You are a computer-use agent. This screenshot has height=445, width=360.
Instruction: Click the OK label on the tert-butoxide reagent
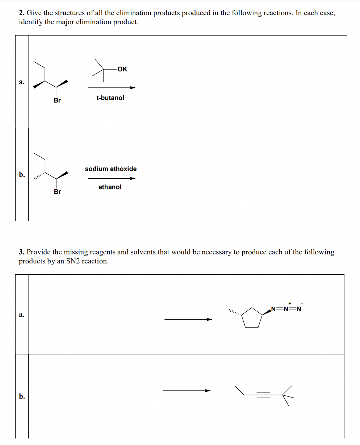(x=122, y=69)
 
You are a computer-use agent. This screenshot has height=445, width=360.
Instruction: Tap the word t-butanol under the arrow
(x=110, y=98)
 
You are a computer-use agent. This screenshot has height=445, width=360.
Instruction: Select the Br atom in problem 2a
(x=57, y=100)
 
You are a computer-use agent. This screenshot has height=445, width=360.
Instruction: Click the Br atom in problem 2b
(x=58, y=192)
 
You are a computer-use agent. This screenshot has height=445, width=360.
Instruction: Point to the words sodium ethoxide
(x=111, y=169)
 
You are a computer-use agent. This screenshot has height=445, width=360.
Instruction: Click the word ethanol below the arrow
(x=110, y=187)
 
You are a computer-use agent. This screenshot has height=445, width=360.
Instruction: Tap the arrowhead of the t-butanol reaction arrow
(x=133, y=88)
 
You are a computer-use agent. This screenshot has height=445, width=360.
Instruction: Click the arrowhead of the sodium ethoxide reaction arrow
(x=133, y=178)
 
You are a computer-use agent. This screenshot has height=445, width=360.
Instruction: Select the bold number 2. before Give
(x=22, y=13)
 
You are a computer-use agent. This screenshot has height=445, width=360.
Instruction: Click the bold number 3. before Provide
(x=22, y=252)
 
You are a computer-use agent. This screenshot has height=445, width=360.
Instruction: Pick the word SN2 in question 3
(x=73, y=261)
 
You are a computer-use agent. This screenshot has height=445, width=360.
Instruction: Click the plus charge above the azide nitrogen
(x=290, y=303)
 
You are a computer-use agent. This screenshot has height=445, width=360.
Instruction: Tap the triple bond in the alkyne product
(x=263, y=395)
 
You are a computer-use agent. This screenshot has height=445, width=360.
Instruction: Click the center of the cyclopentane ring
(x=252, y=319)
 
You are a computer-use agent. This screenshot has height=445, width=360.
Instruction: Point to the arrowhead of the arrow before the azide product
(x=209, y=319)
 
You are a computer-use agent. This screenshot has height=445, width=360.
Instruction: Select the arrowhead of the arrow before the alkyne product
(x=208, y=391)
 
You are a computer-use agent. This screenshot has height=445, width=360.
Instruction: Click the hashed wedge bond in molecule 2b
(x=39, y=176)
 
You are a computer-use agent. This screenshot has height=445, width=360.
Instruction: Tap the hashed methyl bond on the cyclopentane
(x=235, y=312)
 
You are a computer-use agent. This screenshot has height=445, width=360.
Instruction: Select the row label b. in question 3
(x=22, y=396)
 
